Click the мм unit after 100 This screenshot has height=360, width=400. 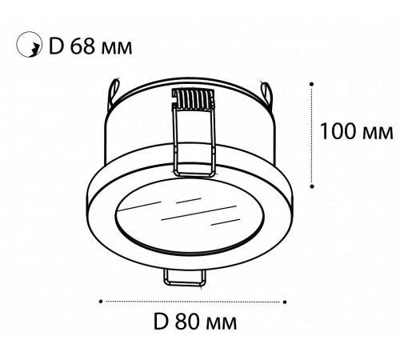[374, 130]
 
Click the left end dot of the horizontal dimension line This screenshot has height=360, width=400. [99, 301]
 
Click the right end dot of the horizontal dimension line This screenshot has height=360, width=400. [286, 301]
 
